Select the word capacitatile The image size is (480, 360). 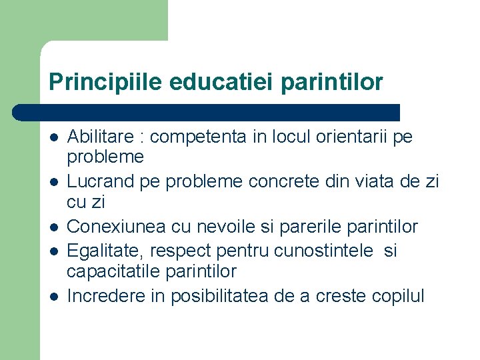tap(108, 271)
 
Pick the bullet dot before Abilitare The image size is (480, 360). tap(53, 138)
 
